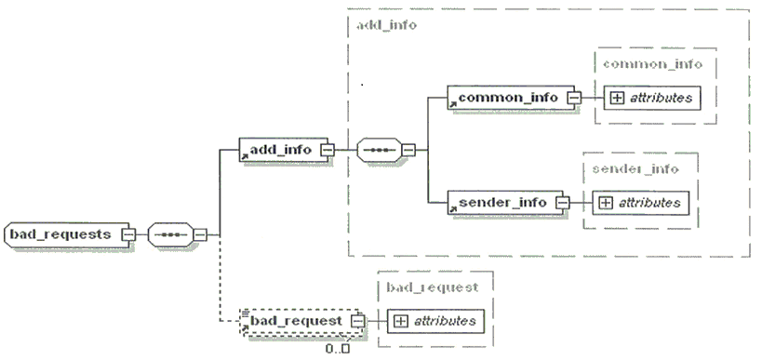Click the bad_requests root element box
[68, 234]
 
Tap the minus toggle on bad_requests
[128, 234]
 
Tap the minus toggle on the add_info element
[328, 150]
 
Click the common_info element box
[511, 98]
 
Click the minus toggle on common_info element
[574, 98]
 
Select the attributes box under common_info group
[652, 98]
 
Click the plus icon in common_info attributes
[617, 98]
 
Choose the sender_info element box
[505, 203]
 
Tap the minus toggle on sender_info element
[563, 203]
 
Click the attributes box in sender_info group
[640, 203]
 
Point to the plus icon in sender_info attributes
[605, 203]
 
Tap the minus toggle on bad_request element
[357, 321]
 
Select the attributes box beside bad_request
[436, 321]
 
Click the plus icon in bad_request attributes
[400, 321]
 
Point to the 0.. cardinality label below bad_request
[337, 348]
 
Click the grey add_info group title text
[387, 25]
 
